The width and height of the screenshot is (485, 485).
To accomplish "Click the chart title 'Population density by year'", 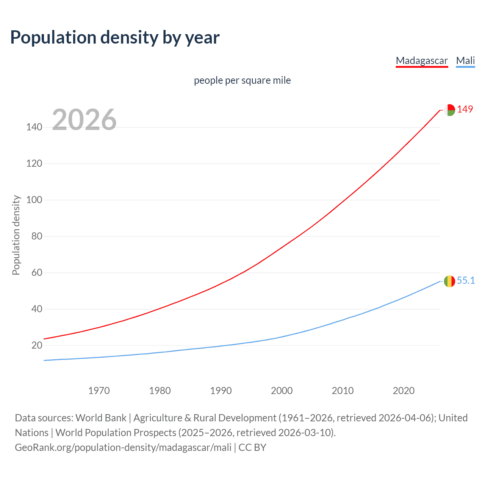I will (115, 38).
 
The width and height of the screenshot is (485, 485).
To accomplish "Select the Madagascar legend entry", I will (422, 61).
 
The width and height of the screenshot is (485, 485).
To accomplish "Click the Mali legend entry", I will (465, 61).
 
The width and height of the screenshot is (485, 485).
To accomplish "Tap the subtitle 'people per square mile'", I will (242, 80).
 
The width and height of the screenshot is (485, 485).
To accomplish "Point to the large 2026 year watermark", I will (84, 120).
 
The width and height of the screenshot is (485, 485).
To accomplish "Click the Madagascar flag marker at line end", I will (449, 110).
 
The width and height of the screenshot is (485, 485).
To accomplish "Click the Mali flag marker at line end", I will (449, 281).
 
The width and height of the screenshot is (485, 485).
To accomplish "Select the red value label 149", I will (465, 109).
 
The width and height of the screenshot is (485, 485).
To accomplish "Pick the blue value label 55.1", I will (466, 280).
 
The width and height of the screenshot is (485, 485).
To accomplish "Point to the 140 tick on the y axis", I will (34, 127).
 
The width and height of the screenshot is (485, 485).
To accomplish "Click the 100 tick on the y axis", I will (34, 200).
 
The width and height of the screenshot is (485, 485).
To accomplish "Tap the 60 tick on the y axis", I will (36, 272).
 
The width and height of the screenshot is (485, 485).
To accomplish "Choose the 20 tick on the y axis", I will (36, 345).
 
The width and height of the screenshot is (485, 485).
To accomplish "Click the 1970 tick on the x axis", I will (99, 391).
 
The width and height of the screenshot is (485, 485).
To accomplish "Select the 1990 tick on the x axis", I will (221, 391).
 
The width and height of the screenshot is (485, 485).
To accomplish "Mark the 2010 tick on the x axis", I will (343, 391).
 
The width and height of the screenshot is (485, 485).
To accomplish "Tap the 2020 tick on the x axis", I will (404, 391).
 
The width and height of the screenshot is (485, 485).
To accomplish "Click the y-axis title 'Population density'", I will (16, 235).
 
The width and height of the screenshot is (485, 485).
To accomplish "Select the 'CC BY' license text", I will (252, 447).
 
